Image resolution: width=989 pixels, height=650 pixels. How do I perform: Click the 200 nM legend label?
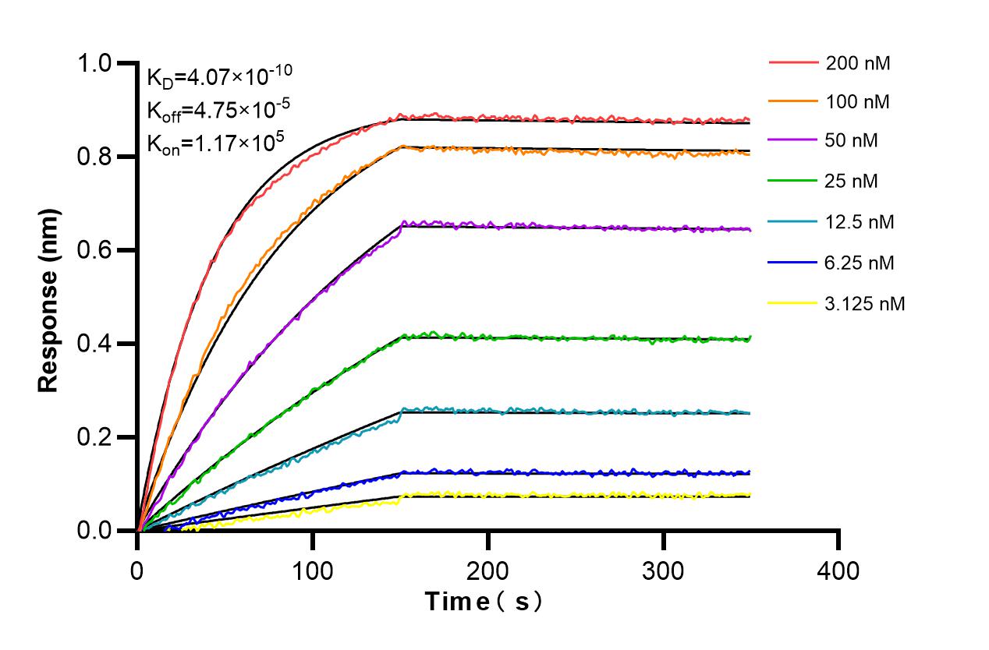tap(858, 63)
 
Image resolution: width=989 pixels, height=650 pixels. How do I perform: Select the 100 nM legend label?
tap(858, 101)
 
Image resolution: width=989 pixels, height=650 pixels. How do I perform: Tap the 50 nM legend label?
tap(853, 141)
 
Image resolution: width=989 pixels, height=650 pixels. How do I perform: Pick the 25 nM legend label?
tap(853, 182)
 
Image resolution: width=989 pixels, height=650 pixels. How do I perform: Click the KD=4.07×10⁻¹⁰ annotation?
tap(219, 76)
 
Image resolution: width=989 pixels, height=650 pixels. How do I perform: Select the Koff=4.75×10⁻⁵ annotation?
tap(214, 109)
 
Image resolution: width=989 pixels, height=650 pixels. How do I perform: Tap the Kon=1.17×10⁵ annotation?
tap(211, 142)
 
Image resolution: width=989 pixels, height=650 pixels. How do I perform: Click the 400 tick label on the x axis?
tap(838, 571)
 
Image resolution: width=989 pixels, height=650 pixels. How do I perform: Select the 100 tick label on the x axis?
tap(313, 571)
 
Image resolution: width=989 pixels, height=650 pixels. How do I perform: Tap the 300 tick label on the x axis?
tap(663, 571)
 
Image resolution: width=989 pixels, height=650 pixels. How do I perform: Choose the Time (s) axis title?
tap(484, 602)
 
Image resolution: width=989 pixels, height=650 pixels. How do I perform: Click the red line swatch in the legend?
tap(793, 63)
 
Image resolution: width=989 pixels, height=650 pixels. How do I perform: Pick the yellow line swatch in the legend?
tap(793, 303)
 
